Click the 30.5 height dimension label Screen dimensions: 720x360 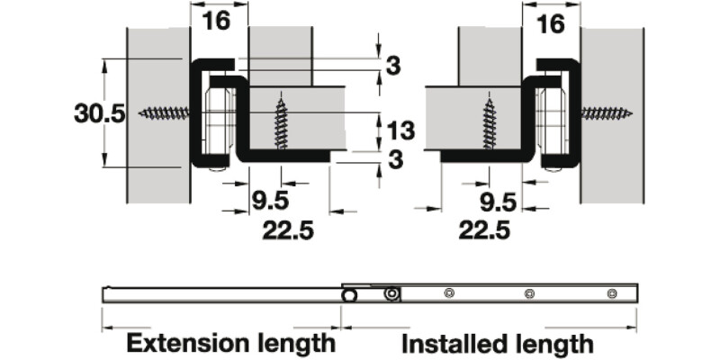point(100,113)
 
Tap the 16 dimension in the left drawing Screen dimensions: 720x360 point(216,21)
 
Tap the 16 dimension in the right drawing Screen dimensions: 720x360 point(550,24)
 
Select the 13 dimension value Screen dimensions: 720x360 point(400,130)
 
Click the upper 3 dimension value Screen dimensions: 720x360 point(393,66)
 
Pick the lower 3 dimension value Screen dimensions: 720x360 point(395,160)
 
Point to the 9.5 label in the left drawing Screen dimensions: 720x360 point(271,201)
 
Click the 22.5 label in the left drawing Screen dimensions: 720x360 point(288,230)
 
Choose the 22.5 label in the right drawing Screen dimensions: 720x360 point(484,230)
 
